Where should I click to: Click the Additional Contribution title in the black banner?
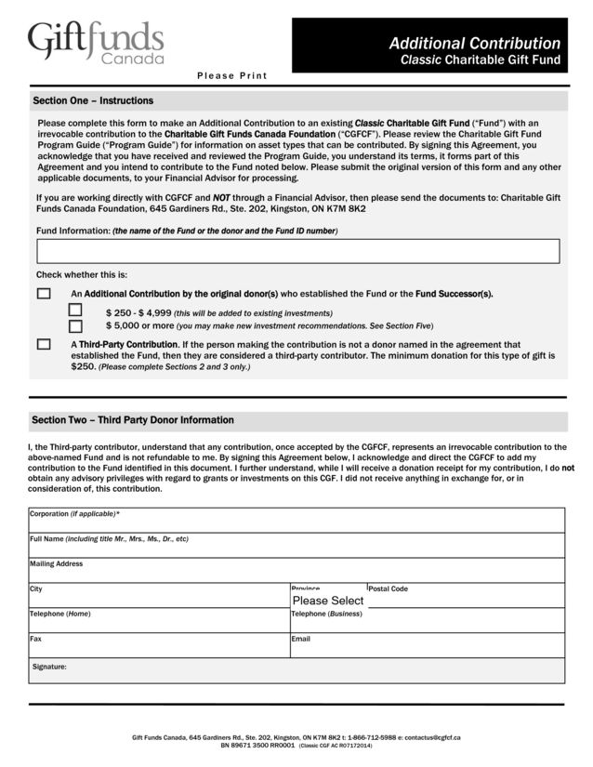474,44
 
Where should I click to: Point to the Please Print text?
231,76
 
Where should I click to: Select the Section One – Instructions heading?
93,100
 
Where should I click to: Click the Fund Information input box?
297,251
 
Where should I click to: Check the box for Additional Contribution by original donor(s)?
44,294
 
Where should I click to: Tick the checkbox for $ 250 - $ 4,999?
75,311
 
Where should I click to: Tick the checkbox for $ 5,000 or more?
75,326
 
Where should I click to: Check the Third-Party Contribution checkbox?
44,344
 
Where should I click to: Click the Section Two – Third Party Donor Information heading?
133,420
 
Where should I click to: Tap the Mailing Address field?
296,572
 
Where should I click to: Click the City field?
159,598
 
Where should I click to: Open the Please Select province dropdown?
328,600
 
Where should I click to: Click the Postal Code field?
466,598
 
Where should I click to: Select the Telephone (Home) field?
159,622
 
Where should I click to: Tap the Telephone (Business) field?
427,622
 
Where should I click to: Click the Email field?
427,647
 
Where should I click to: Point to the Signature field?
296,671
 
